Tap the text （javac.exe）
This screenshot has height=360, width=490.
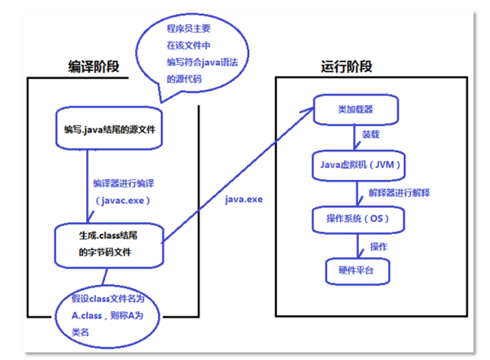pos(123,199)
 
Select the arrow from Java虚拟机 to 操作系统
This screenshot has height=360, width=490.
pos(356,191)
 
